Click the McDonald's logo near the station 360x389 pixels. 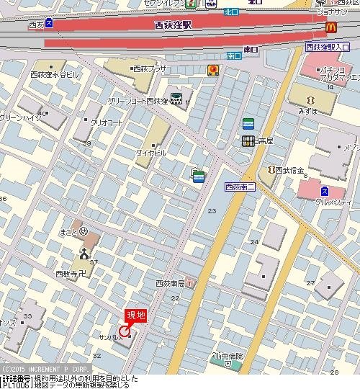330,27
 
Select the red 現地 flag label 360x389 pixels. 136,314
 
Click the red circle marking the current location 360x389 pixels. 125,331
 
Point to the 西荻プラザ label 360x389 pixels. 149,69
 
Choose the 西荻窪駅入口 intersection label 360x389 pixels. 331,48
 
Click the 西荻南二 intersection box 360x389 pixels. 240,187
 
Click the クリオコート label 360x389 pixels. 105,122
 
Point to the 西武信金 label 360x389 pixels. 291,171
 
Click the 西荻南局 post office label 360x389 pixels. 171,283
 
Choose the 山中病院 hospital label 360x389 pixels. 228,357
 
